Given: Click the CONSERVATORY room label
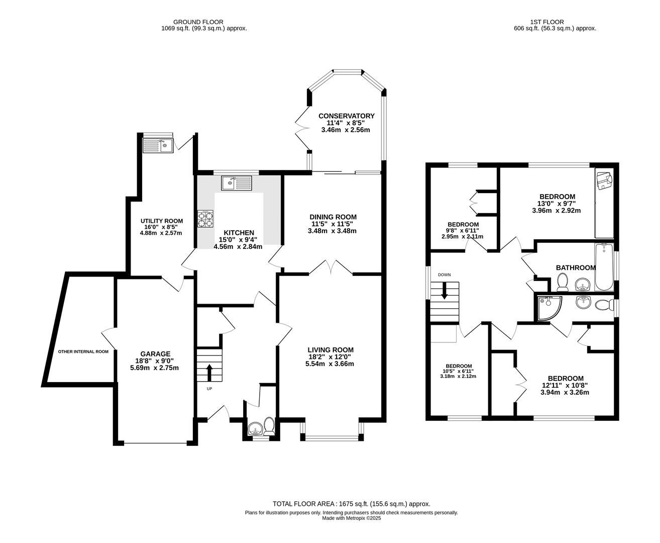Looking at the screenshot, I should pyautogui.click(x=346, y=116).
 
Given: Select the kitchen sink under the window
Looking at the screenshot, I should pyautogui.click(x=237, y=183).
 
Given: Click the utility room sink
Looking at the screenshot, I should pyautogui.click(x=158, y=145).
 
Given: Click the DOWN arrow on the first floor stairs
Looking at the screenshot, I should pyautogui.click(x=445, y=291).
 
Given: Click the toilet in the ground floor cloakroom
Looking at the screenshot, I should pyautogui.click(x=269, y=427).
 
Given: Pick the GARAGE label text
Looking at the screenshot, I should pyautogui.click(x=155, y=353).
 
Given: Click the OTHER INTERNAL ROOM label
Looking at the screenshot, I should pyautogui.click(x=83, y=352).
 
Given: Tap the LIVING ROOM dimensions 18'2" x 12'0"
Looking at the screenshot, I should pyautogui.click(x=331, y=357).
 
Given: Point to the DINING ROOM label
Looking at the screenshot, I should pyautogui.click(x=333, y=217).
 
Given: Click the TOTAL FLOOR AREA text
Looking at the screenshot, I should pyautogui.click(x=351, y=503).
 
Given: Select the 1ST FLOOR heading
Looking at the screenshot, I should pyautogui.click(x=546, y=22).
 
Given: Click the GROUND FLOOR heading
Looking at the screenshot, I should pyautogui.click(x=198, y=22).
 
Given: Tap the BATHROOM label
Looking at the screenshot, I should pyautogui.click(x=576, y=268).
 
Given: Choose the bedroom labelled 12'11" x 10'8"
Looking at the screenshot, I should pyautogui.click(x=565, y=386).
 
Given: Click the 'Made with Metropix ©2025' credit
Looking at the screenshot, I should pyautogui.click(x=352, y=518).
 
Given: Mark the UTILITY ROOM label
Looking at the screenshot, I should pyautogui.click(x=161, y=221).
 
